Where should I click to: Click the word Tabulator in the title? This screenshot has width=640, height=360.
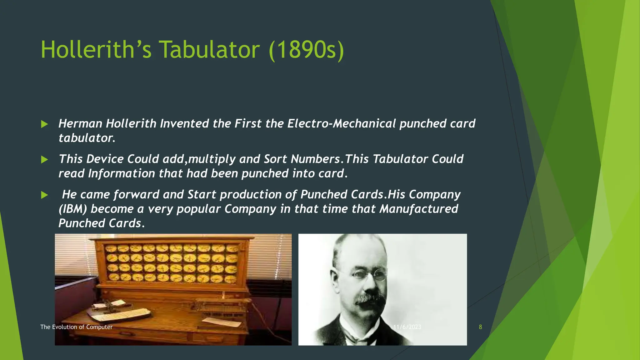209,50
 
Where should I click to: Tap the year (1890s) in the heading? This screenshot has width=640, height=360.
306,50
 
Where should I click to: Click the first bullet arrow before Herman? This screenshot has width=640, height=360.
44,124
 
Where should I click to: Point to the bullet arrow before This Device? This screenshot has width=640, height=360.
44,160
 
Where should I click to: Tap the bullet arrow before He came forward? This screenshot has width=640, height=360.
44,195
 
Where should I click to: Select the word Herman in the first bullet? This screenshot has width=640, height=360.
80,123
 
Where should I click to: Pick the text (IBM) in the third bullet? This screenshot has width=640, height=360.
72,209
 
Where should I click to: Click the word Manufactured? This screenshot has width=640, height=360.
419,209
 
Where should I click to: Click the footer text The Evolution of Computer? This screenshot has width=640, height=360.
76,327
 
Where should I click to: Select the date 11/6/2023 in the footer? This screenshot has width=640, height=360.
407,327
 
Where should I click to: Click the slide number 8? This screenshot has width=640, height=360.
480,327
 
